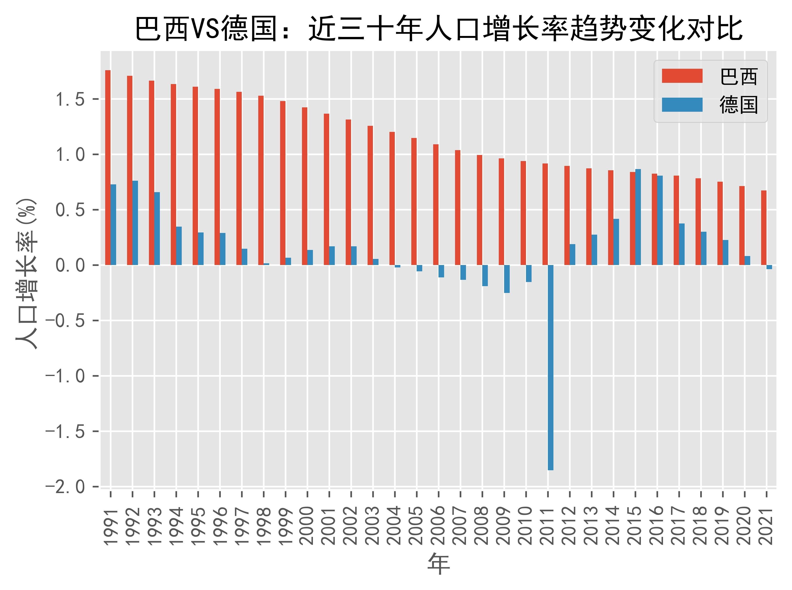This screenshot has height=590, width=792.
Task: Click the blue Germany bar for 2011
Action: [551, 368]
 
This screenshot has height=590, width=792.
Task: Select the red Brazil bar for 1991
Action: [108, 168]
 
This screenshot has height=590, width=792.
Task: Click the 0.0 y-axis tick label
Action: [70, 265]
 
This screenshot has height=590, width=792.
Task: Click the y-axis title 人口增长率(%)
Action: [27, 273]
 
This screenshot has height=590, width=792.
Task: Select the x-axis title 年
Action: [439, 564]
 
